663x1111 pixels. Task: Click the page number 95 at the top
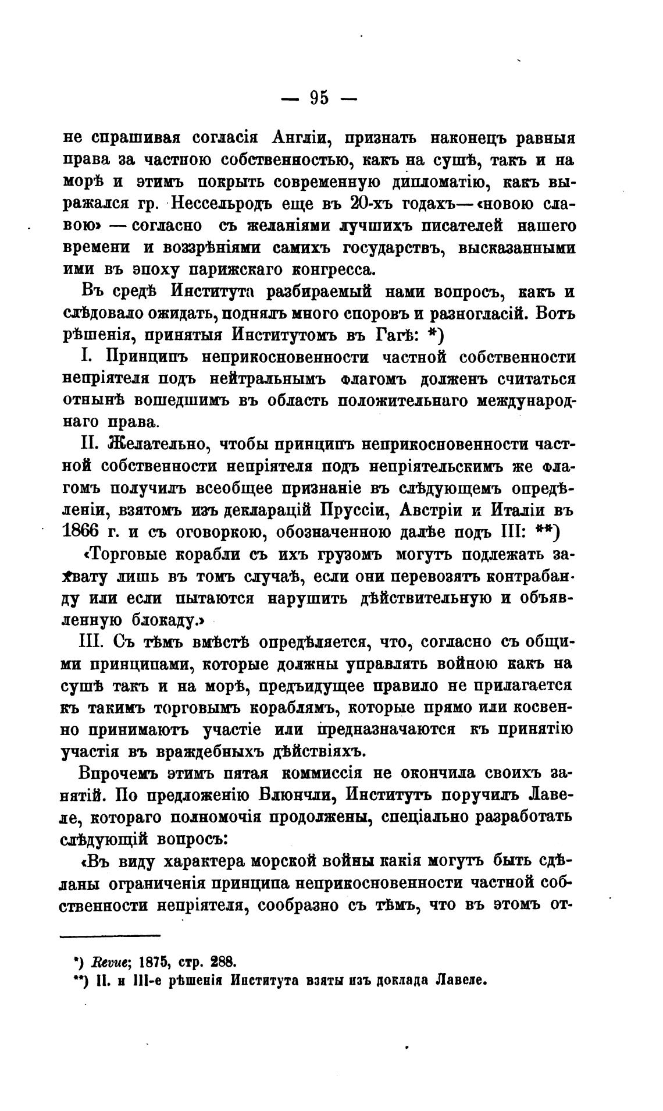pyautogui.click(x=319, y=98)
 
